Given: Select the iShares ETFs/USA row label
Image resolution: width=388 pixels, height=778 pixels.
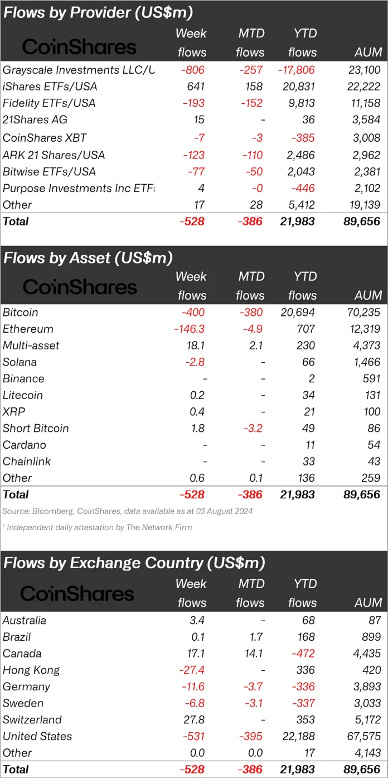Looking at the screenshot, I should point(49,87).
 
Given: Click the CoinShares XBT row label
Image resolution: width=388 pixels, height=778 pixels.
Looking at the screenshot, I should point(44,138).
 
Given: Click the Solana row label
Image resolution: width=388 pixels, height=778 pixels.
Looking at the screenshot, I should point(20,362).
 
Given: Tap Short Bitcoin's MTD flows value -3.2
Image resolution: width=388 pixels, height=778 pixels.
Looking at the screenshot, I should point(251,429).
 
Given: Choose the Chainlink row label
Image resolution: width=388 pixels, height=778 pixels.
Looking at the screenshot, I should point(26,462).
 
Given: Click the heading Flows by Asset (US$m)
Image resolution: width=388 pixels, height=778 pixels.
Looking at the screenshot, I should point(88,258).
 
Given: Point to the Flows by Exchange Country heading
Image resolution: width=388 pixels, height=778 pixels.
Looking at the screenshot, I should point(134,562).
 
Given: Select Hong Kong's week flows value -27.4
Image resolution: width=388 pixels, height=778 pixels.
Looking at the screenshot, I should point(191,670).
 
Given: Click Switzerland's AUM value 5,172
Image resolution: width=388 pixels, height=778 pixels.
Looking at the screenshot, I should point(368,720).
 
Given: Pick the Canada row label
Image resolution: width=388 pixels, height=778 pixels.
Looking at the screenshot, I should point(22,654).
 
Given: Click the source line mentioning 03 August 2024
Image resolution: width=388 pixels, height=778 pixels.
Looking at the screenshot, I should point(127,511).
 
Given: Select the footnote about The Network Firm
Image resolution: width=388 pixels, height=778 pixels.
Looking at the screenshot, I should point(97,527).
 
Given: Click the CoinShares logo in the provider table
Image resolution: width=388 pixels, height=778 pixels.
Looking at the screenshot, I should point(79,46).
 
